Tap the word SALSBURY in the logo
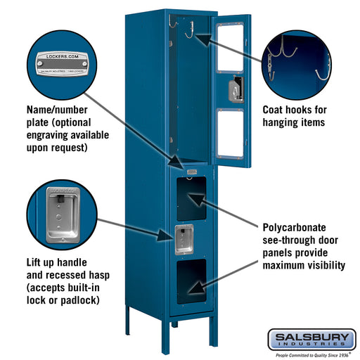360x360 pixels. click(x=312, y=337)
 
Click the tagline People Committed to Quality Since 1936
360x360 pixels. click(x=312, y=354)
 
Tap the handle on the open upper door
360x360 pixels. click(x=234, y=90)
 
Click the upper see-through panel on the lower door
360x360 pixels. click(x=191, y=198)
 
